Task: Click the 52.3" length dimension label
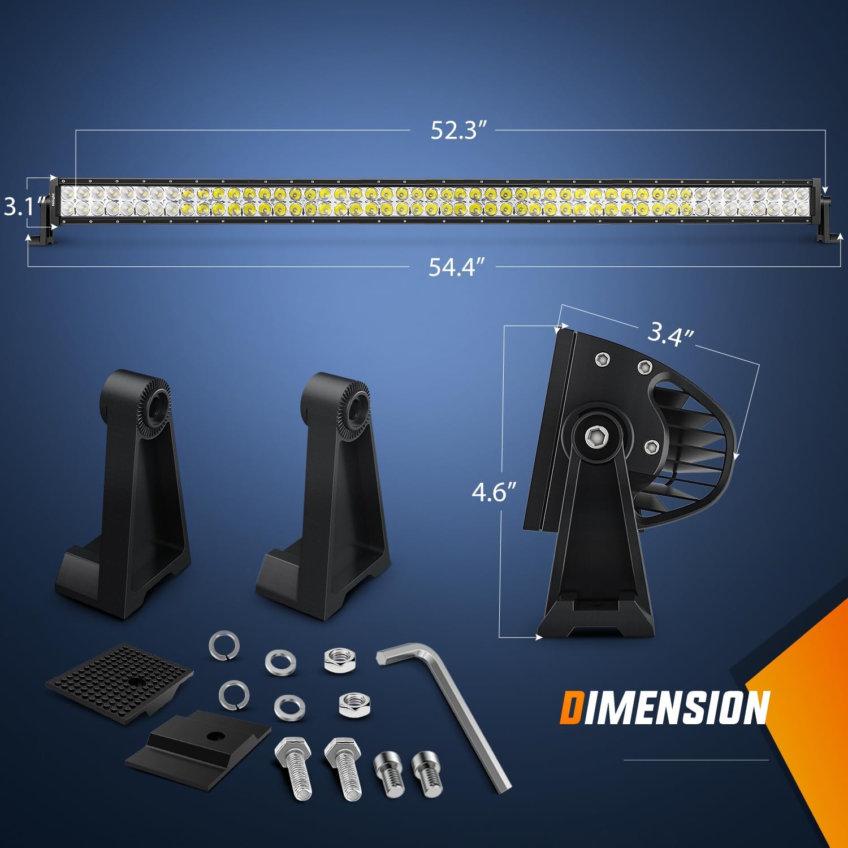458,130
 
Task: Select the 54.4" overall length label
457,266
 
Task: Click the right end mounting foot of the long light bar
828,235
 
